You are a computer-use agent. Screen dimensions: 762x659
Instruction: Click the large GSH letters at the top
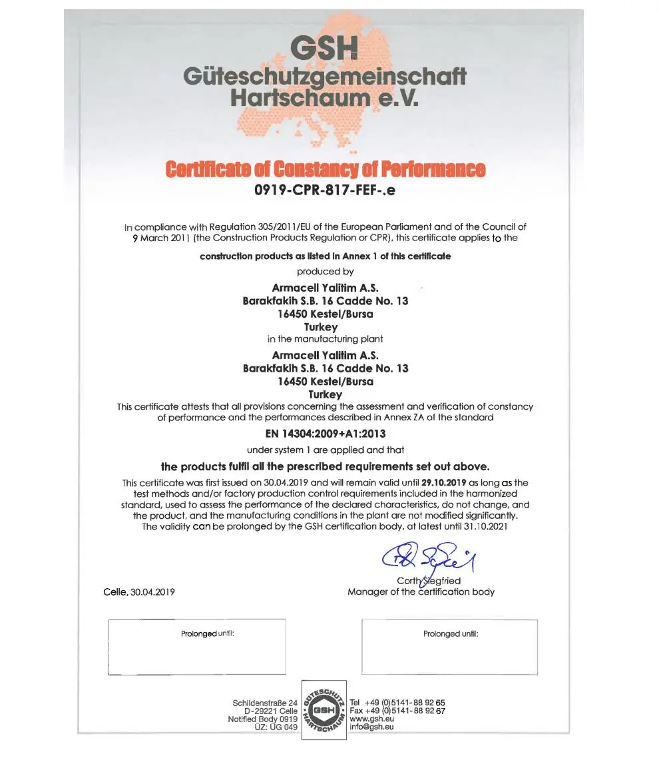coord(325,48)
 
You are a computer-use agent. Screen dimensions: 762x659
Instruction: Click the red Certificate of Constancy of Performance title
coord(326,170)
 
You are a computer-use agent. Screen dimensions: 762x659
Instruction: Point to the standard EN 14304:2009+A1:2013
coord(325,434)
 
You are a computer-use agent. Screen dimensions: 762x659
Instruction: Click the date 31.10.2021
coord(492,526)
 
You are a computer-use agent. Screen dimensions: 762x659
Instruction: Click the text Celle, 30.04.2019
coord(139,592)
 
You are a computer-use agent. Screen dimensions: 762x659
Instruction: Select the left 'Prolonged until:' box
coord(197,647)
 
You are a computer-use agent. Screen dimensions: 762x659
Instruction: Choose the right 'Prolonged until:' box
coord(449,647)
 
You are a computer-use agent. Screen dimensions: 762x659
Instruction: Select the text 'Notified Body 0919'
coord(262,719)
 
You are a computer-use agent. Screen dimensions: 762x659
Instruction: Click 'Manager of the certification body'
coord(421,591)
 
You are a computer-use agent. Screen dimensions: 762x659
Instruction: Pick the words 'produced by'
coord(325,272)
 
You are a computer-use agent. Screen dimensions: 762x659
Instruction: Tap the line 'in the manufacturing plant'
coord(325,339)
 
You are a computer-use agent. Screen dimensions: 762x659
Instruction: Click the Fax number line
coord(397,711)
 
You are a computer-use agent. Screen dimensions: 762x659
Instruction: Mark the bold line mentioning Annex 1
coord(325,256)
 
